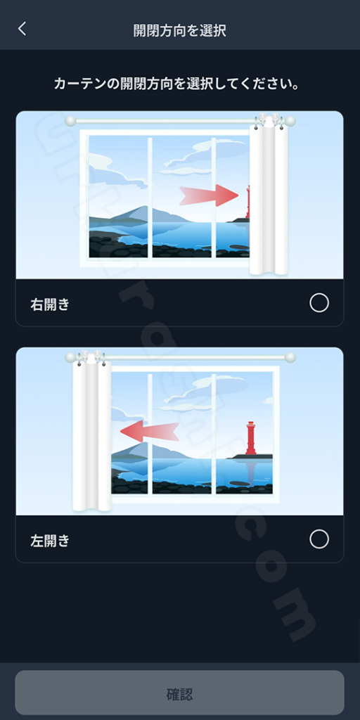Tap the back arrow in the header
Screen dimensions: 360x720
tap(22, 29)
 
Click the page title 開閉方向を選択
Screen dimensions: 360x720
tap(180, 30)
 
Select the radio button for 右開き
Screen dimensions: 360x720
tap(319, 303)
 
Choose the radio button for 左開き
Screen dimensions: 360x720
tap(319, 539)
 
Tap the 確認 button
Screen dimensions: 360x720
tap(179, 693)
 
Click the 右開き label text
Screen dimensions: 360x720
tap(50, 304)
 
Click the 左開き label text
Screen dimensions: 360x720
tap(50, 541)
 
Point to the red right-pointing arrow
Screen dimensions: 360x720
tap(209, 195)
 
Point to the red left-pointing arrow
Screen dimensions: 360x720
tap(150, 432)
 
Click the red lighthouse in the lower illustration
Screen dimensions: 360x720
tap(251, 438)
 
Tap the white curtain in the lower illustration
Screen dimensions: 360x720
tap(92, 432)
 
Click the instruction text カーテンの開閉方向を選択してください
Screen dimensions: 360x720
tap(176, 84)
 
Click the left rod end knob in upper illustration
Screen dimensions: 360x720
tap(70, 121)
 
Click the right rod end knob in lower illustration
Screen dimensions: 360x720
tap(290, 357)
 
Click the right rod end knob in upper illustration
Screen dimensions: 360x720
tap(290, 121)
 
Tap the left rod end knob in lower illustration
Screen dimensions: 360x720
tap(70, 357)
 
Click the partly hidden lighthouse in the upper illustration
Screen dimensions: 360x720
tap(247, 202)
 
